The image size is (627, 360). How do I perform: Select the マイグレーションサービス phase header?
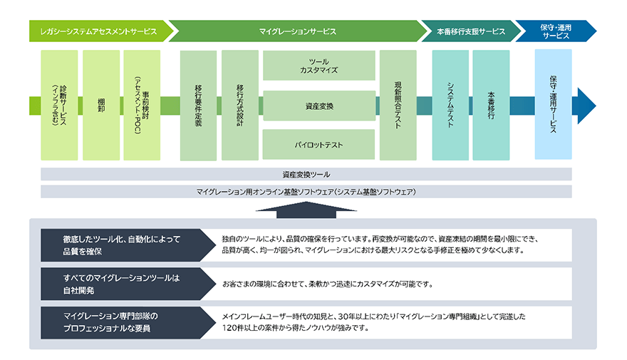(297, 31)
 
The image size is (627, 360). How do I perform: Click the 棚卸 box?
(101, 105)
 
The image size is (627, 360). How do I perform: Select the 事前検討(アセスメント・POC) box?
(142, 105)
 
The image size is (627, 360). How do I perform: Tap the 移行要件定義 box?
(198, 105)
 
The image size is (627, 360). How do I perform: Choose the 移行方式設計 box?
(239, 105)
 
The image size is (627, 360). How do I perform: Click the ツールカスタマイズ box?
(318, 66)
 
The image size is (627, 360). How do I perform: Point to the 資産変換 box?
(318, 106)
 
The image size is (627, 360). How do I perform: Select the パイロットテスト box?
(318, 145)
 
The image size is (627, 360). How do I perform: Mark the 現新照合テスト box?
(398, 105)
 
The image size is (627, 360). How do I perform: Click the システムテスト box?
(450, 105)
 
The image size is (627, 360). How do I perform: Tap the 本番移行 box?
(491, 105)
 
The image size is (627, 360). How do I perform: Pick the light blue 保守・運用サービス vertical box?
(553, 105)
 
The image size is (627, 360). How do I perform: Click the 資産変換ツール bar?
(306, 174)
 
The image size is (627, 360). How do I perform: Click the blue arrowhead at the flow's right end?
(585, 105)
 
